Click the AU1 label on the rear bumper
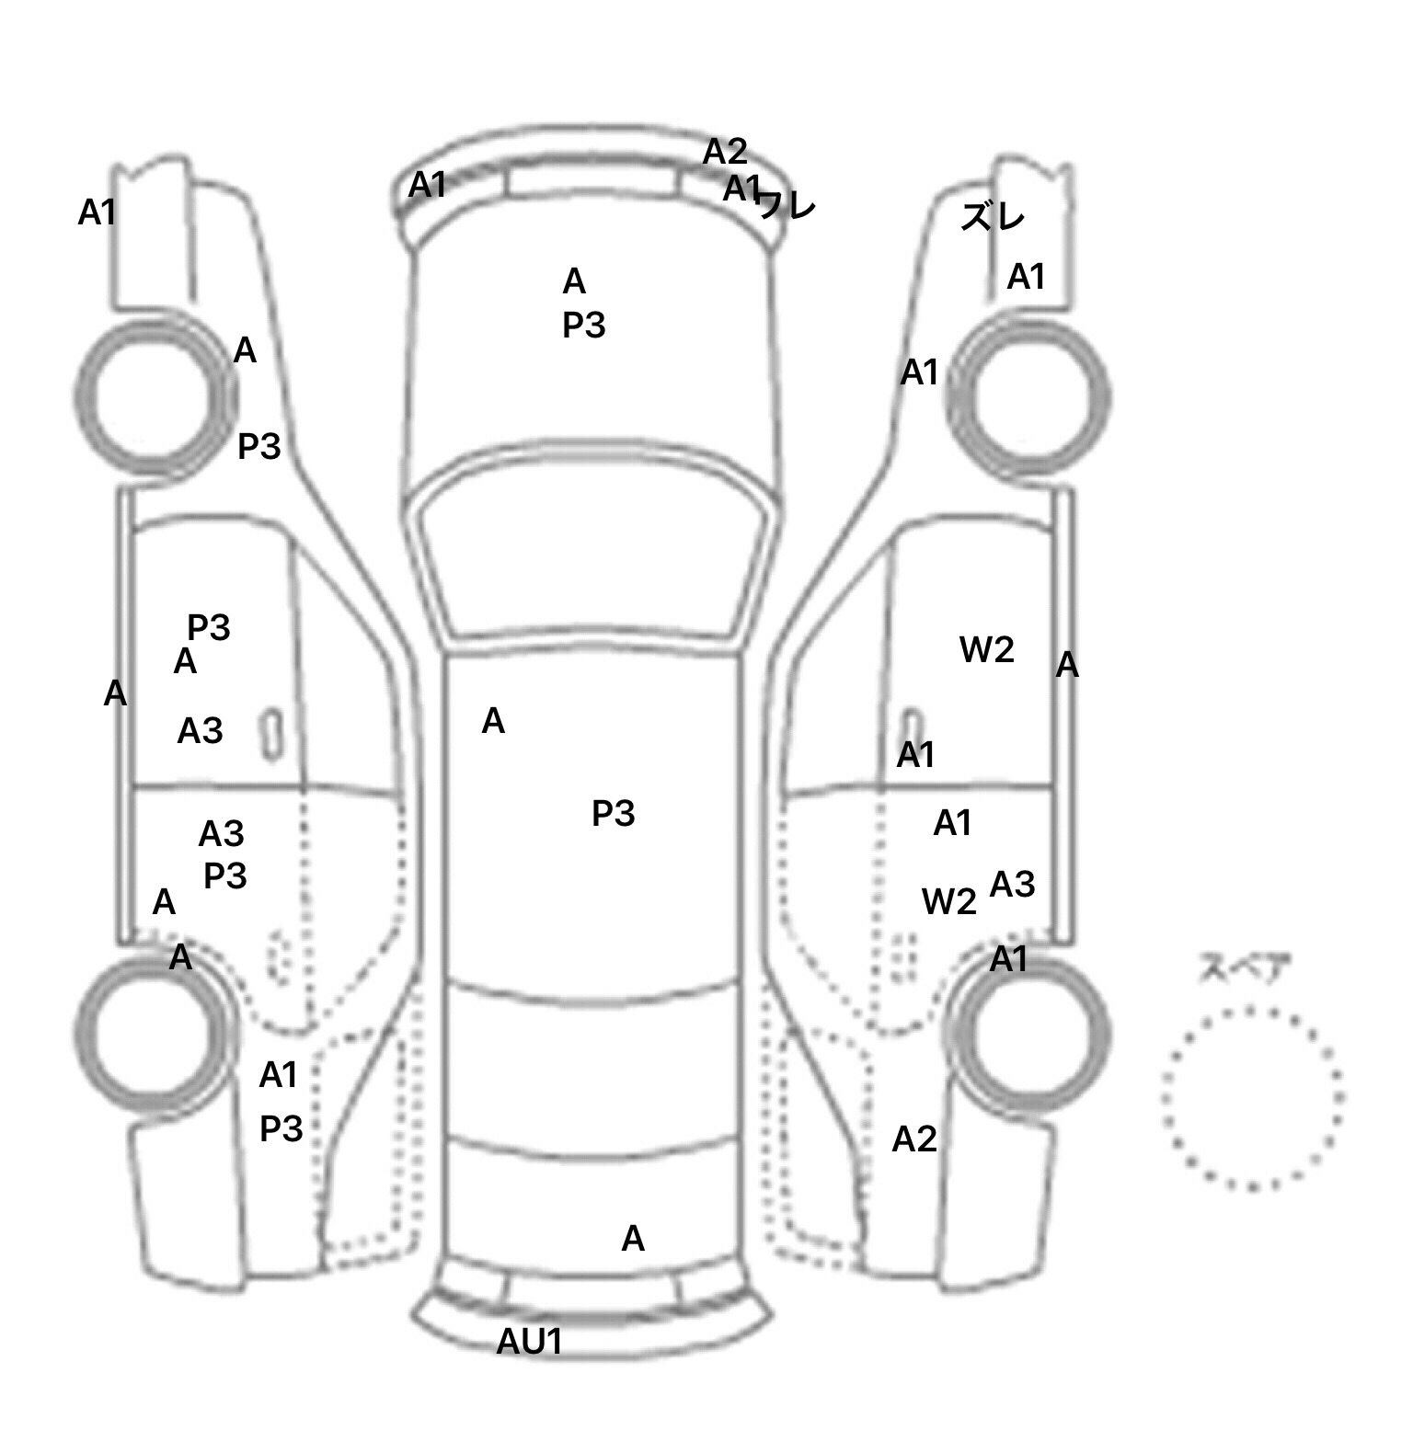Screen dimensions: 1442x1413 click(529, 1342)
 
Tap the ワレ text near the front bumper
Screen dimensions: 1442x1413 click(785, 205)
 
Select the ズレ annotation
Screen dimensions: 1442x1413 click(992, 218)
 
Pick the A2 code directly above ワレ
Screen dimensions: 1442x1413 click(725, 152)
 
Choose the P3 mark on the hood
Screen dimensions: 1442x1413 click(583, 326)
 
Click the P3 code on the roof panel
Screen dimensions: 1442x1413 click(613, 814)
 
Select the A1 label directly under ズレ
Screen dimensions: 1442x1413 click(1026, 276)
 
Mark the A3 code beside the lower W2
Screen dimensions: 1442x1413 click(1012, 885)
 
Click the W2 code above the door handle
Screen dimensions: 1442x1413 click(986, 650)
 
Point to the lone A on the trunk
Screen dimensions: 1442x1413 click(633, 1239)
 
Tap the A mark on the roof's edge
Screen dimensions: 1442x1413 click(493, 722)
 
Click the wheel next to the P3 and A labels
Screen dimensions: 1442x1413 click(152, 397)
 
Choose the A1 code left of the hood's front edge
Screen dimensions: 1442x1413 click(427, 185)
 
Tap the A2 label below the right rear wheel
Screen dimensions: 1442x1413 click(914, 1139)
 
